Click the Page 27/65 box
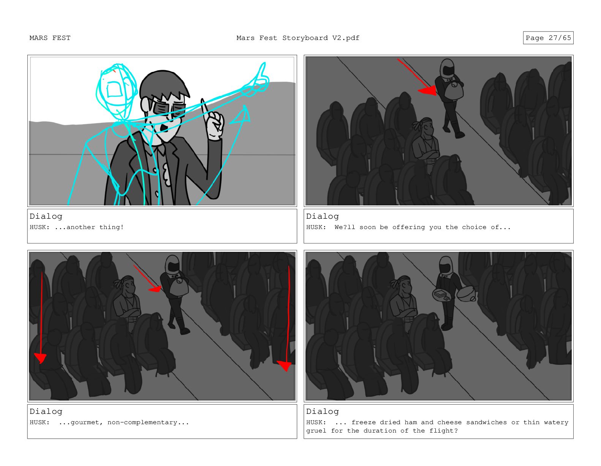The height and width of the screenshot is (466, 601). pos(548,38)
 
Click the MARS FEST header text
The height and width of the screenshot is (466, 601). pos(50,38)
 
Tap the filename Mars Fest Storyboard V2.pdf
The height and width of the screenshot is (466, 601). pos(298,38)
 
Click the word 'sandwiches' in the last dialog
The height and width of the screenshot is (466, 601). pos(487,422)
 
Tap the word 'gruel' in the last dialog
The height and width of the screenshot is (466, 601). pos(316,431)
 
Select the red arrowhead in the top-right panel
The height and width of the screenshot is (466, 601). pos(428,90)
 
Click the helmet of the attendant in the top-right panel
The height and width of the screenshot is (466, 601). pos(447,68)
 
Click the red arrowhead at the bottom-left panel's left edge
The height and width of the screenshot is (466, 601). pos(40,358)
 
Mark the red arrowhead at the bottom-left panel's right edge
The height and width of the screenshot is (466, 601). pos(284,366)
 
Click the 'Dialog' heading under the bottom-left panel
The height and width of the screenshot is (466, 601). pos(46,412)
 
